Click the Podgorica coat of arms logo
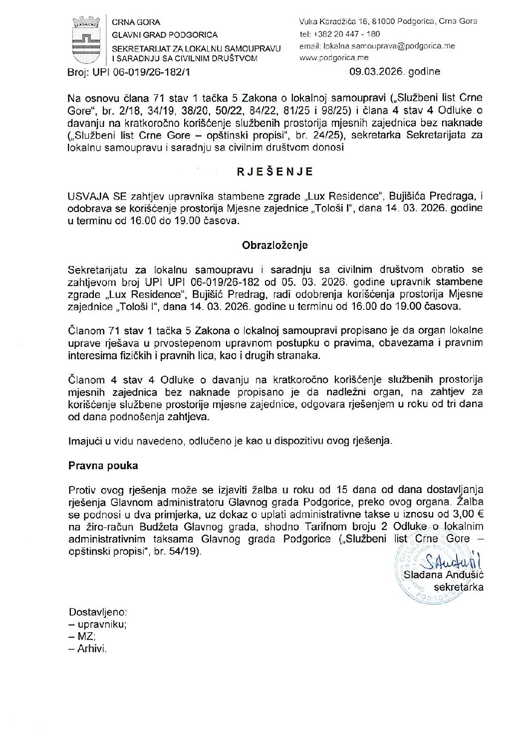pos(86,39)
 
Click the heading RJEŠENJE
pos(275,172)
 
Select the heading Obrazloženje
pos(275,246)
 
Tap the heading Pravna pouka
pos(103,466)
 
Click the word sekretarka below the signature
pos(458,587)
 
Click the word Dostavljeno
pos(98,612)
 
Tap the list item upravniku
pos(101,624)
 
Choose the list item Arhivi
pos(92,649)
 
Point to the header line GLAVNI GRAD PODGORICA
pos(165,35)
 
